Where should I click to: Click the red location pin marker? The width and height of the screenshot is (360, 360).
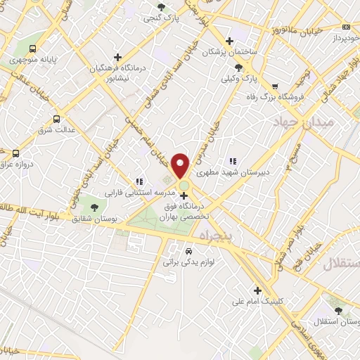(181, 165)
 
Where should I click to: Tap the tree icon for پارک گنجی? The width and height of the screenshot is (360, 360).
(162, 8)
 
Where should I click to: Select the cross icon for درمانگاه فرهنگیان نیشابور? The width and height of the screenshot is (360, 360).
(118, 56)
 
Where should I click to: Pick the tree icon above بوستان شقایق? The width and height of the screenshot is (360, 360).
(94, 207)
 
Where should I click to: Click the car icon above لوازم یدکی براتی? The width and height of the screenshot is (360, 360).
(188, 251)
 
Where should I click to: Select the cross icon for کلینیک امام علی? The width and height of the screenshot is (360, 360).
(258, 290)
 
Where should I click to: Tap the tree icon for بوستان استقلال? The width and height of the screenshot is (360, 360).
(339, 309)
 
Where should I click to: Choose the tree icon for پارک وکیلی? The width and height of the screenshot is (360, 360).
(240, 67)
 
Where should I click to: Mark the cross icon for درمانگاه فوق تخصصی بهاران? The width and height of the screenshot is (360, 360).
(184, 196)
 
